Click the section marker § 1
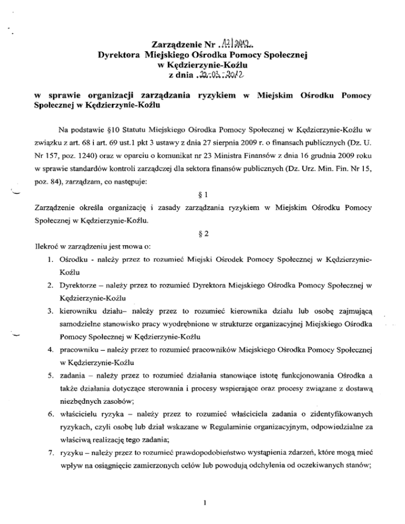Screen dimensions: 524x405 point(202,185)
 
